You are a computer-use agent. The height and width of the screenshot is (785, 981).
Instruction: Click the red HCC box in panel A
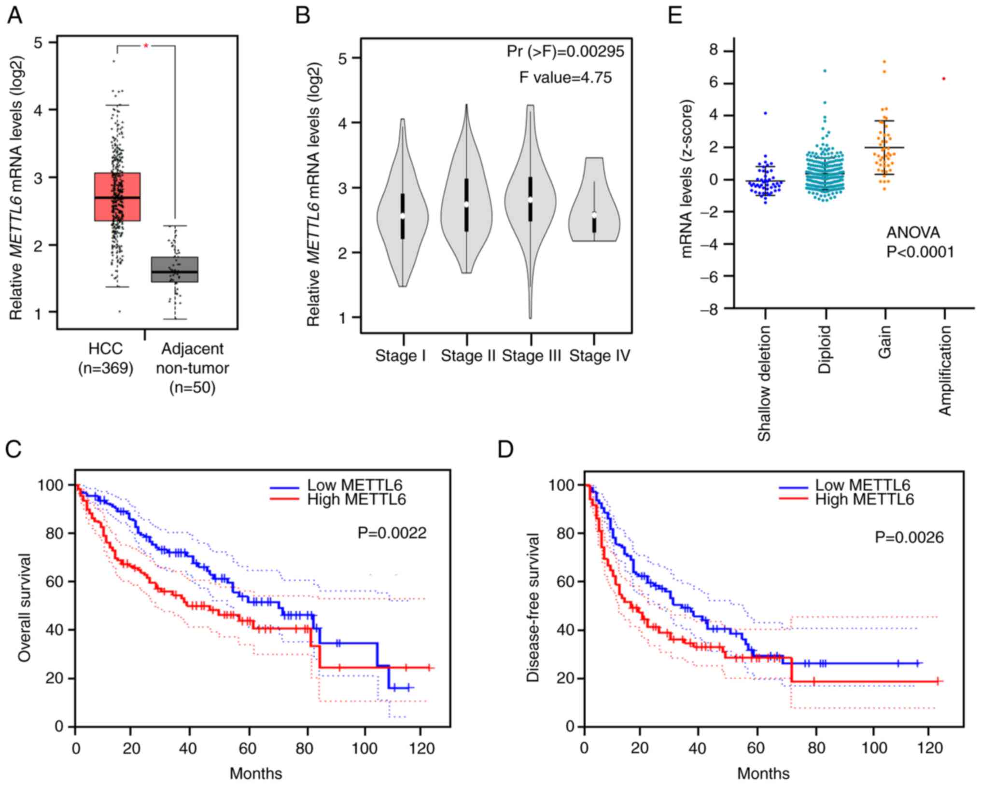(117, 196)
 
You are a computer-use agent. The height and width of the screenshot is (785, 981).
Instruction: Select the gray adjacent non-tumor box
(175, 269)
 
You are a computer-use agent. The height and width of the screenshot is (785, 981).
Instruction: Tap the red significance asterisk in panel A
(146, 46)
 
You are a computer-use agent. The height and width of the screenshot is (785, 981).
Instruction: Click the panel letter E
(675, 15)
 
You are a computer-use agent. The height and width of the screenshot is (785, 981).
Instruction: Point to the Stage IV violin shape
(594, 203)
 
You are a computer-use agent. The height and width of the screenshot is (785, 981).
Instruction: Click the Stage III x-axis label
(532, 356)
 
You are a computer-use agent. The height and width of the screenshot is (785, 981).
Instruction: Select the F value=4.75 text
(565, 77)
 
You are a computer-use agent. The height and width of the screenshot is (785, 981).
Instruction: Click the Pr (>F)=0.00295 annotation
(565, 51)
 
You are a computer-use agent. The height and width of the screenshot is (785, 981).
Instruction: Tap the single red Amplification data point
(944, 79)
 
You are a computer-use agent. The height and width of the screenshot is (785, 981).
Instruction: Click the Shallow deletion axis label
(764, 384)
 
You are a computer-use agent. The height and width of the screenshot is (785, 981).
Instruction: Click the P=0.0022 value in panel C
(392, 533)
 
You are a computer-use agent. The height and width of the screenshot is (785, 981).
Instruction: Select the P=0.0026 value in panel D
(909, 537)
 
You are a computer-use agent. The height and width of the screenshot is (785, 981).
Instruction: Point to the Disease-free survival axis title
(533, 608)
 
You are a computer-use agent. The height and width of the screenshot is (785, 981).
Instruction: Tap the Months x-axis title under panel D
(763, 773)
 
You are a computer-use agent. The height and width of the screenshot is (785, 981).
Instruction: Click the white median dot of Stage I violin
(403, 216)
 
